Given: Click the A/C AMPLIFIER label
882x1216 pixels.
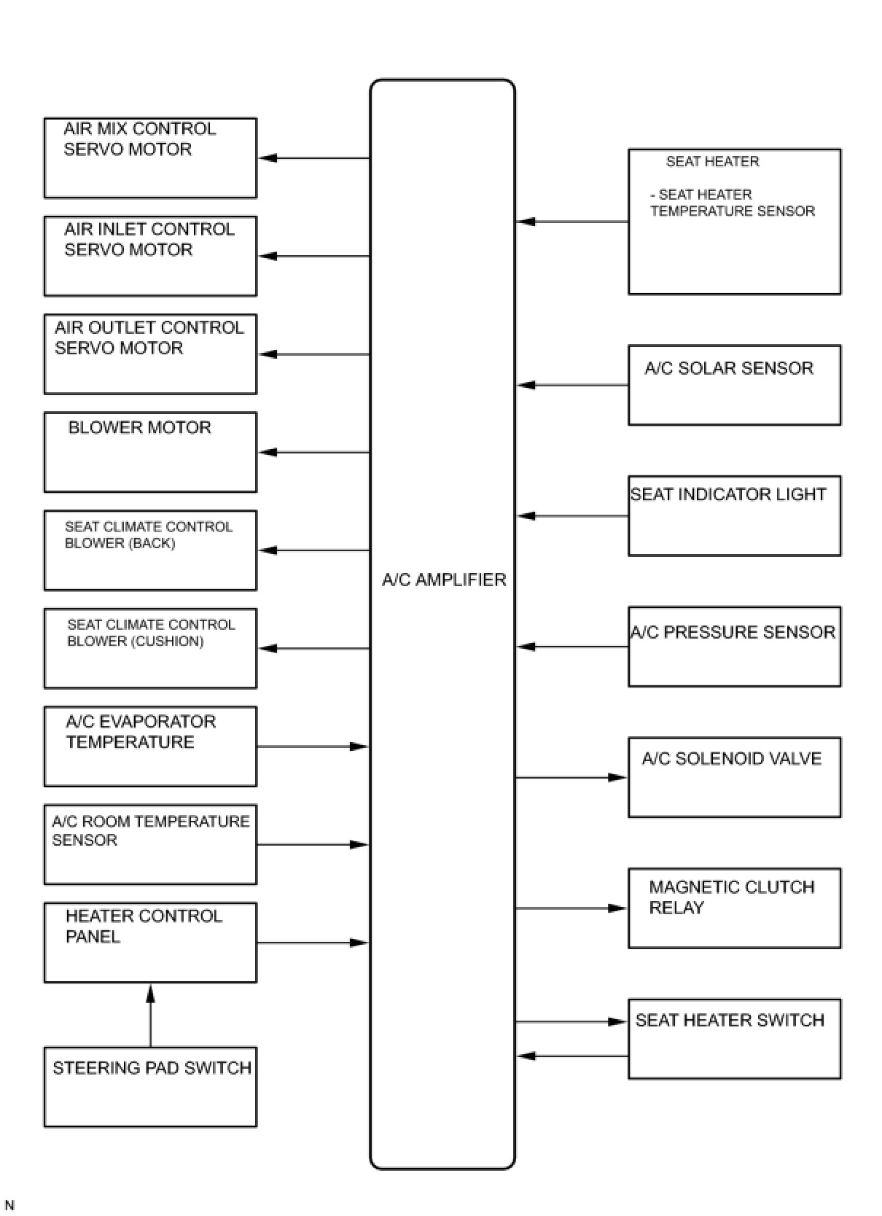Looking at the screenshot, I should tap(443, 580).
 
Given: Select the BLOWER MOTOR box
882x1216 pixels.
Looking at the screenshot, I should tap(150, 452).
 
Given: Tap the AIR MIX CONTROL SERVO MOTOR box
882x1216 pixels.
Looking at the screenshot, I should tap(150, 157).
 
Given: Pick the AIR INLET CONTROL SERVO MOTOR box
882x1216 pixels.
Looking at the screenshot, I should tap(150, 256).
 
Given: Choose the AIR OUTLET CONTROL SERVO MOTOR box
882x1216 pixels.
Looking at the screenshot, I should tap(150, 354).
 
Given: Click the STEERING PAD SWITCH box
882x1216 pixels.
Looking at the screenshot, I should tap(150, 1087).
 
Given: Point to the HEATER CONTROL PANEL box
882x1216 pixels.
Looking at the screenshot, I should tap(150, 943).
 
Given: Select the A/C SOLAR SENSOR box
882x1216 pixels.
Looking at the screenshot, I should tap(734, 385).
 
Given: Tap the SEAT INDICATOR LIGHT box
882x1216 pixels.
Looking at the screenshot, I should tap(734, 516).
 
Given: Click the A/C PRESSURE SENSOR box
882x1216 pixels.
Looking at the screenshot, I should tap(734, 647).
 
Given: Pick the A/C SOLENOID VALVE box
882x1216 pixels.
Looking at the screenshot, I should tap(734, 777).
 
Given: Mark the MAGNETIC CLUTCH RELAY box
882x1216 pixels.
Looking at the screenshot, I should tap(734, 908).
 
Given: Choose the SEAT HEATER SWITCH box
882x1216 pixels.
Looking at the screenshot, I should tap(734, 1039).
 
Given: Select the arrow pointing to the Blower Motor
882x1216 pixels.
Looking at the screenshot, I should tap(313, 452).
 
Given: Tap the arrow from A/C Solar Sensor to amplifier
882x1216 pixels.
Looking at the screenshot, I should tap(572, 385).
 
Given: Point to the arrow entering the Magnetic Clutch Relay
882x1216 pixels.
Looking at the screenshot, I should tap(572, 908).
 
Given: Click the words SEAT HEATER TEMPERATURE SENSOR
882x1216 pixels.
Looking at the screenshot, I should tap(732, 203).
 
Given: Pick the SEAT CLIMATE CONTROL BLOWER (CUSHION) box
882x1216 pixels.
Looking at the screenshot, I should tap(150, 648).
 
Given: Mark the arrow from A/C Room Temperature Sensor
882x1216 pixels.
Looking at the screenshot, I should tap(313, 845).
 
